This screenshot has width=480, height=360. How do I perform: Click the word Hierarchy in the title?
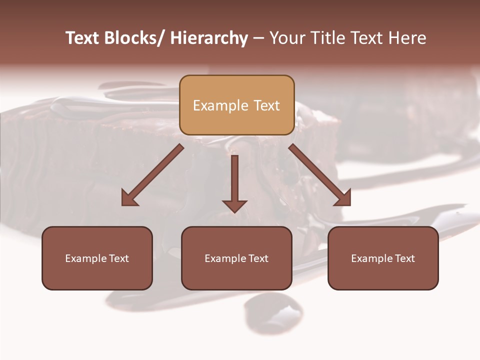pos(208,38)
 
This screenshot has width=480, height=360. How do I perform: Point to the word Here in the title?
pos(407,38)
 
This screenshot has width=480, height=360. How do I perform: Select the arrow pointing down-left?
pos(152,175)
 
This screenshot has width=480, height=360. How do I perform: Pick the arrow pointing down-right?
pos(320,175)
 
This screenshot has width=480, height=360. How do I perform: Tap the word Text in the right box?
pos(404,258)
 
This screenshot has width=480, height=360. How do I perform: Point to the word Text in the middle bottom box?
pos(258,258)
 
